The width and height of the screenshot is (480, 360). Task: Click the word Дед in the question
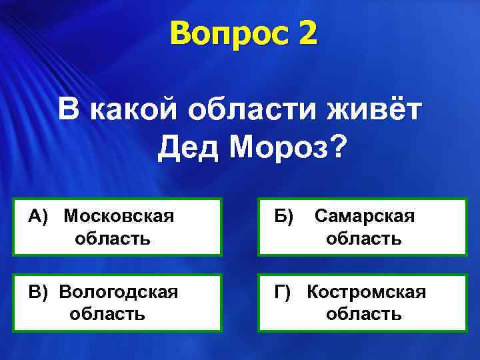point(188,146)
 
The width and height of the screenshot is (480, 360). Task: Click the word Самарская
point(364,215)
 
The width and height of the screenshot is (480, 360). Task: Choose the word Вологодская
point(119,292)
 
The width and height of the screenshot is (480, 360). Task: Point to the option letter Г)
point(283,292)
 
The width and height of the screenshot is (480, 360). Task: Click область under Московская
point(113,237)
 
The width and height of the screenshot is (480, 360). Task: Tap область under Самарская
point(364,238)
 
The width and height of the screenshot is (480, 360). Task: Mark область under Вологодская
point(107,313)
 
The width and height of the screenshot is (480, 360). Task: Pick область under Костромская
point(364,313)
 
